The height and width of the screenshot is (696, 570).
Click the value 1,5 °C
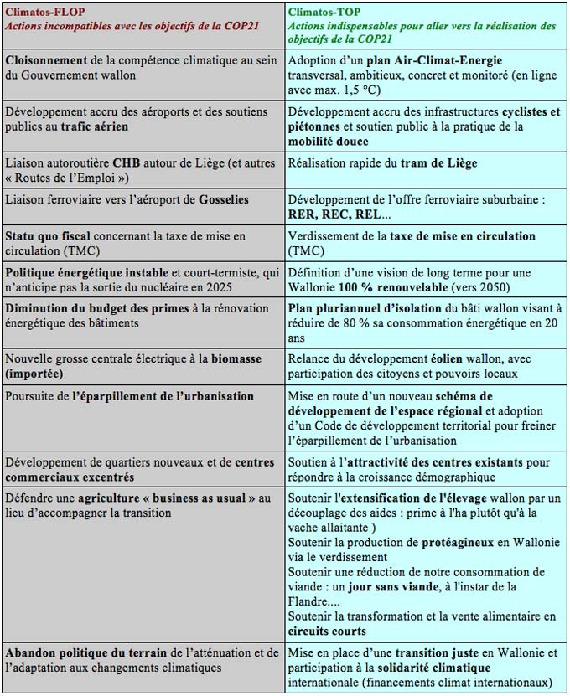(x=363, y=91)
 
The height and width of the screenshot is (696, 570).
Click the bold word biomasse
(x=234, y=358)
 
